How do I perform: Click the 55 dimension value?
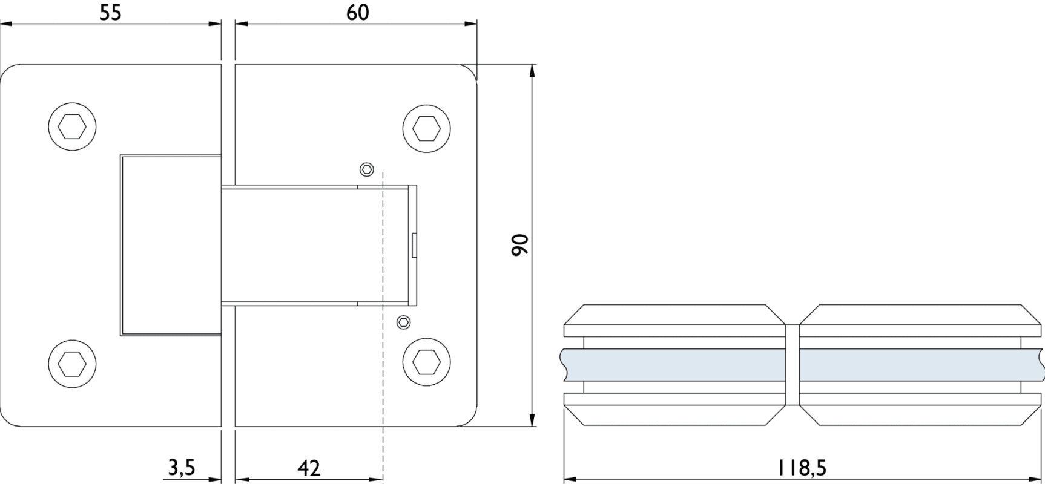[x=111, y=12]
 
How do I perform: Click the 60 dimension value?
[x=358, y=12]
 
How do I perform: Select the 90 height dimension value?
[x=520, y=244]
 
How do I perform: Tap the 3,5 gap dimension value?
[x=181, y=467]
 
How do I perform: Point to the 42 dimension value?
[x=309, y=468]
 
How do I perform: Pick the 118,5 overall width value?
[x=802, y=467]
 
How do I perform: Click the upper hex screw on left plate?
[x=72, y=127]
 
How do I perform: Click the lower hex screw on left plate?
[x=72, y=364]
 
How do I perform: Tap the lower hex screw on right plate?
[x=427, y=362]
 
